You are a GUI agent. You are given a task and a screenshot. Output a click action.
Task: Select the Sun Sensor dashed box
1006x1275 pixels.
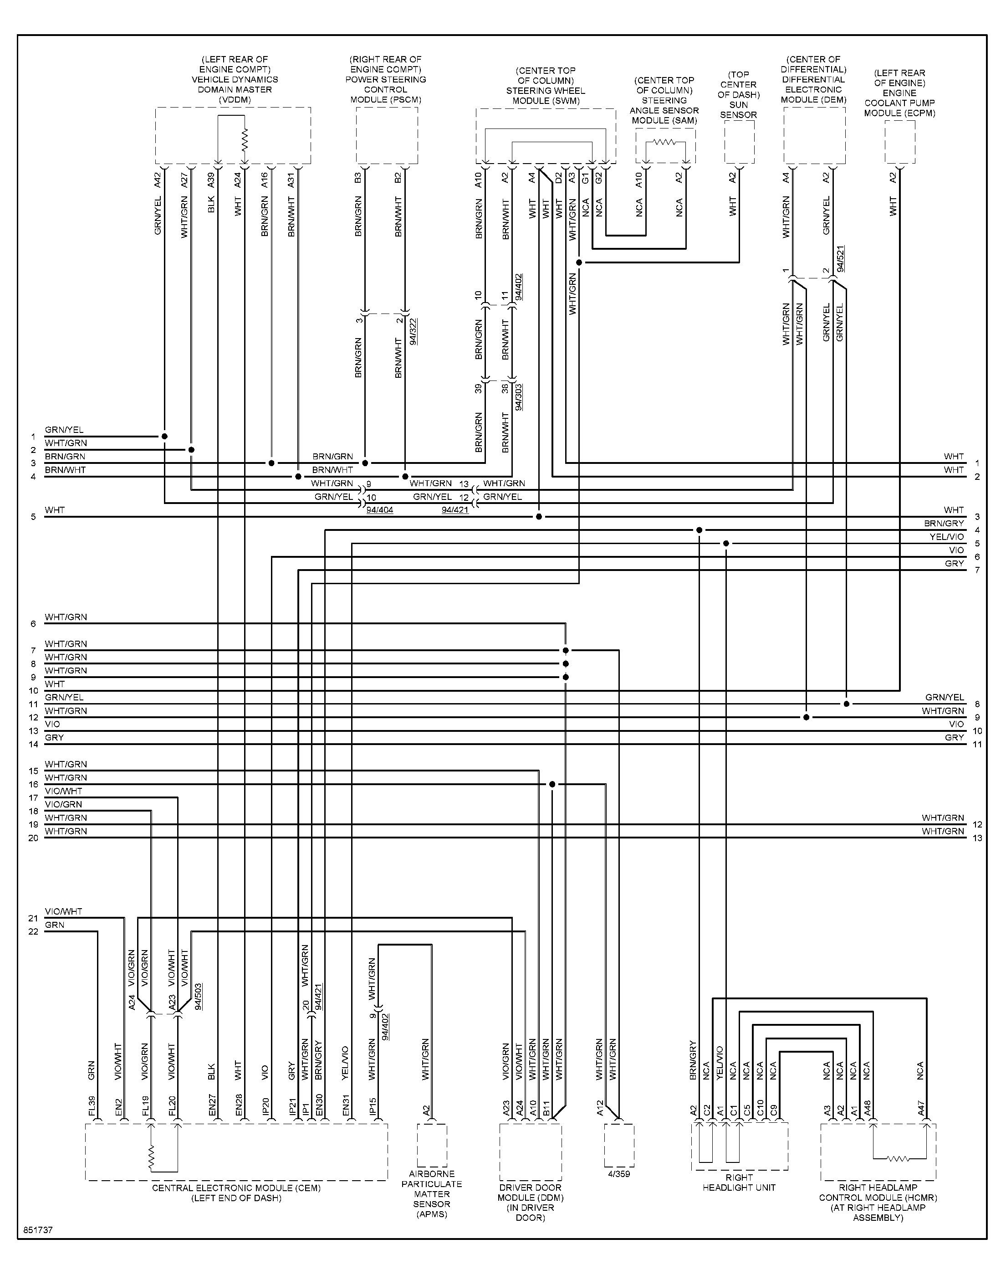click(739, 142)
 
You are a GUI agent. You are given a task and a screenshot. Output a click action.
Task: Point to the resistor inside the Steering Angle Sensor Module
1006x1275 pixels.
click(665, 142)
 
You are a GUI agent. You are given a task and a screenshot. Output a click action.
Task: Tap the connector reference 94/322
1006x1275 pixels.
click(413, 331)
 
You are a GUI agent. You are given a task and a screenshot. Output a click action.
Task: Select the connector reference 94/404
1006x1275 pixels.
click(380, 509)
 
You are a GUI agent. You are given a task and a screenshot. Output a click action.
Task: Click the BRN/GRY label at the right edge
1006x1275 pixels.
click(944, 523)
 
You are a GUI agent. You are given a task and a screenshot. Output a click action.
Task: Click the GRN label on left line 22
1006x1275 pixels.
click(55, 925)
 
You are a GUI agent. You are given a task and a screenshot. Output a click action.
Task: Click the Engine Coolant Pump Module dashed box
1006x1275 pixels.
click(900, 142)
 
